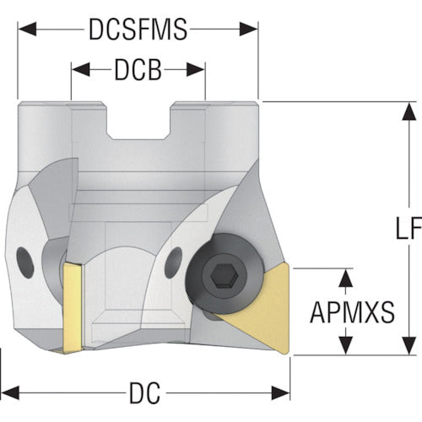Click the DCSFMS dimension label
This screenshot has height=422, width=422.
138,29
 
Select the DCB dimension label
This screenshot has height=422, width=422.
138,70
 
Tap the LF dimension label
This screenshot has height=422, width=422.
408,228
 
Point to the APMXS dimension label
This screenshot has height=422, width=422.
352,312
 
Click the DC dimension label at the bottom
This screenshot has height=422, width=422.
144,393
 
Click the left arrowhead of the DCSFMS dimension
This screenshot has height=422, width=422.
27,29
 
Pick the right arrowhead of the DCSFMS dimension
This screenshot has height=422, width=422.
249,29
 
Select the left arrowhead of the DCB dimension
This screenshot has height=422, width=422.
80,69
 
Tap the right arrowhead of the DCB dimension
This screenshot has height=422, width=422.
196,69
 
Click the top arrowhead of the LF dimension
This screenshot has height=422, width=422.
409,111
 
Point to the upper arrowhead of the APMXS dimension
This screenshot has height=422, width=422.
346,278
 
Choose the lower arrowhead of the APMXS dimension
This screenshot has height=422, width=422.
346,345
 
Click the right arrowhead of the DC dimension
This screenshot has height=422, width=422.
280,393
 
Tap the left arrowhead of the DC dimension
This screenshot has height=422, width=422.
10,393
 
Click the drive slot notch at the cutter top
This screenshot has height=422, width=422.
138,121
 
